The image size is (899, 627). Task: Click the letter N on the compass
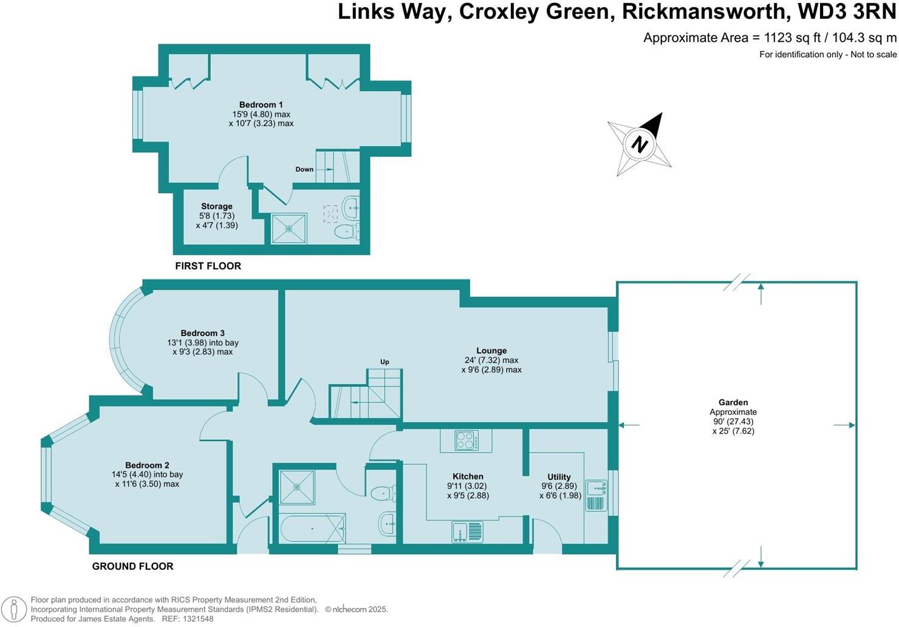[x=640, y=144]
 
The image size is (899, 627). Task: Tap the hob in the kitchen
[x=467, y=440]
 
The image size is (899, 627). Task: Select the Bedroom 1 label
[x=261, y=104]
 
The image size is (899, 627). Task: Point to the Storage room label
[x=217, y=207]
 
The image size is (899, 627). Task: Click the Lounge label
[x=491, y=351]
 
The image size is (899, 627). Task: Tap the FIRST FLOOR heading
[x=208, y=266]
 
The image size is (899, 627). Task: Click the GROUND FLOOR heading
[x=133, y=566]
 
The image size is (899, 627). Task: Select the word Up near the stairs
[x=385, y=362]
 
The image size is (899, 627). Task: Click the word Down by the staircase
[x=304, y=170]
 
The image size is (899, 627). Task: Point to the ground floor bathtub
[x=312, y=529]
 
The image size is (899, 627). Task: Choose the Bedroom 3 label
[x=203, y=333]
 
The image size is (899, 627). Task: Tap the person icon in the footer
[x=13, y=609]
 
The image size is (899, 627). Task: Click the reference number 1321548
[x=198, y=619]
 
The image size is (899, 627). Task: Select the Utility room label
[x=559, y=477]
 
